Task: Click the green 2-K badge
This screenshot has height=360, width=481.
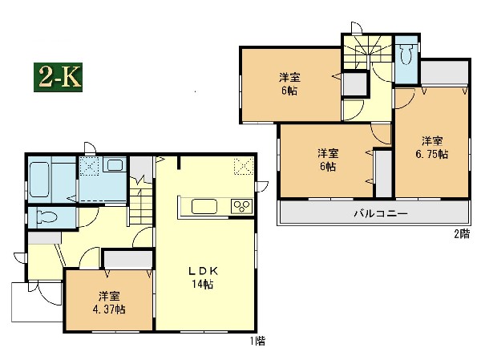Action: coord(58,77)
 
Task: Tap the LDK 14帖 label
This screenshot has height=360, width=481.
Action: coord(203,277)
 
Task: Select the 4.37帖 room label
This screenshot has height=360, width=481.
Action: coord(109,303)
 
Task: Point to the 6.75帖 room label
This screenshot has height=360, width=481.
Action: coord(432,148)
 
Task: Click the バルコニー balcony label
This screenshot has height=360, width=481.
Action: coord(381,213)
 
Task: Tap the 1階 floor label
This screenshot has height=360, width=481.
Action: coord(257,341)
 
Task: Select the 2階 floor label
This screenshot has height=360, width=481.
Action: coord(462,234)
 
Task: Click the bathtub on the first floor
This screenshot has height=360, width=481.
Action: coord(39,180)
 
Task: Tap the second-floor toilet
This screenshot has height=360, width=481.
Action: coord(406,54)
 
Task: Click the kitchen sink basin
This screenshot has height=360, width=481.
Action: coord(204,206)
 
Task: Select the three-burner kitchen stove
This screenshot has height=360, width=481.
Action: coord(242,206)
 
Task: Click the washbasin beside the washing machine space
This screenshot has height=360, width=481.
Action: coord(115,166)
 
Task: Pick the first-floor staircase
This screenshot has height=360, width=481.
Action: coord(141,200)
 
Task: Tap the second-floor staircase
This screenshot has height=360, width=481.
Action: coord(368,52)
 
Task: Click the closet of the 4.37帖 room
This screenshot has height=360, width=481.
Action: coord(128,260)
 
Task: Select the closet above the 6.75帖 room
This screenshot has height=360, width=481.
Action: coord(444,72)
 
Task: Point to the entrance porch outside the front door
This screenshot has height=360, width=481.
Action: coord(37,302)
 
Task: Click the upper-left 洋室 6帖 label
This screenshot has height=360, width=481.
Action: coord(289,84)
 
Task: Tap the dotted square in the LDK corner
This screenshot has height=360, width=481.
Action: coord(244,166)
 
